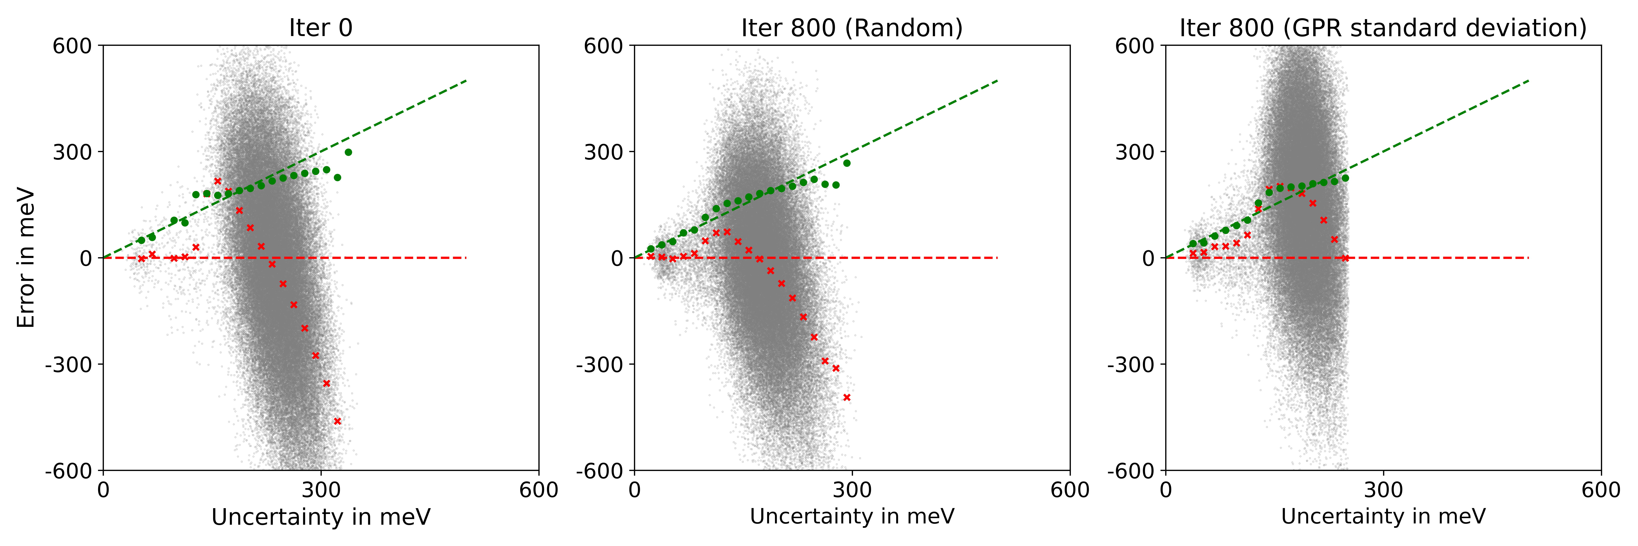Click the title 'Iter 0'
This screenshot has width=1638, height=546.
[x=321, y=28]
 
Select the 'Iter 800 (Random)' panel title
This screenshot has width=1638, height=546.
[x=851, y=28]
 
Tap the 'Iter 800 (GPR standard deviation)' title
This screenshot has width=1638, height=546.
[x=1383, y=28]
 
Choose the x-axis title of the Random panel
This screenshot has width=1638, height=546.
[x=851, y=517]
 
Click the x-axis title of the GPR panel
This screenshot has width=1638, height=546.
[x=1383, y=517]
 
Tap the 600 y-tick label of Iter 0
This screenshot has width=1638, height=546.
[x=72, y=46]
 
